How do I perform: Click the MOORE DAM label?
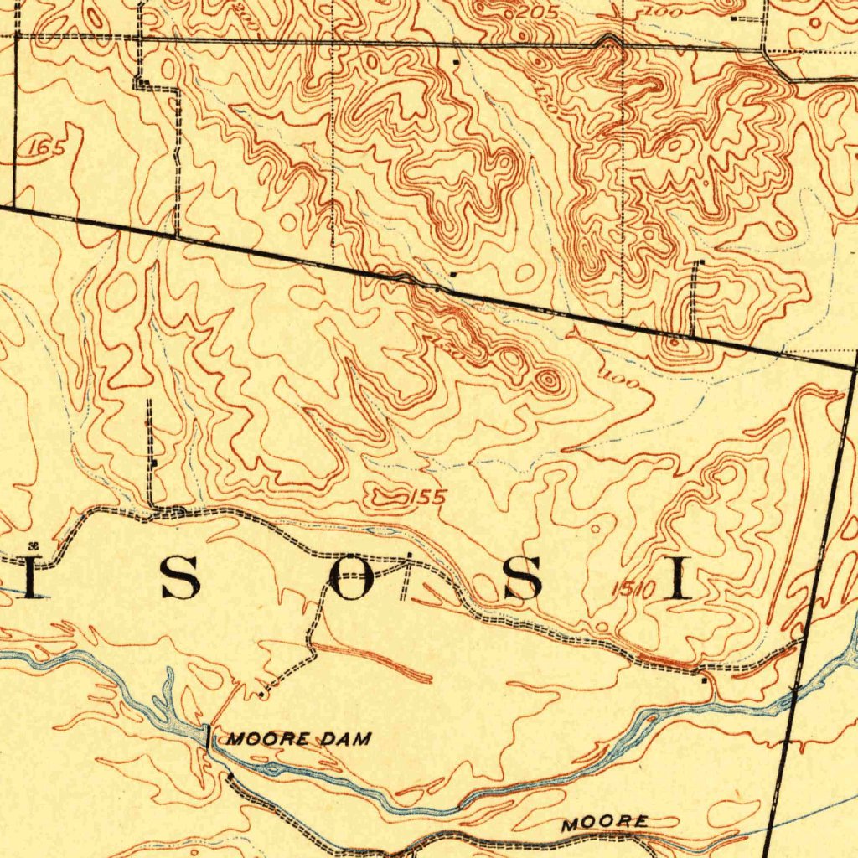tap(298, 739)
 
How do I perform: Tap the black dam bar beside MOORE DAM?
tap(207, 737)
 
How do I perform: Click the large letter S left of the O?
tap(180, 578)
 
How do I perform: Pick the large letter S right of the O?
tap(521, 578)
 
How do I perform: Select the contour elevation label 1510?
tap(631, 590)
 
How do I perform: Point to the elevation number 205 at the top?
tap(525, 14)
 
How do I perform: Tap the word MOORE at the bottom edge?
tap(604, 824)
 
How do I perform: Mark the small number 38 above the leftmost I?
tap(34, 545)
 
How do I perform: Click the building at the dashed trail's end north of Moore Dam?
tap(262, 694)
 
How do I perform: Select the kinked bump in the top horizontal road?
tap(609, 39)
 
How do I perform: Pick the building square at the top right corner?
tap(735, 18)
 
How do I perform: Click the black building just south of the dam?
tap(230, 777)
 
